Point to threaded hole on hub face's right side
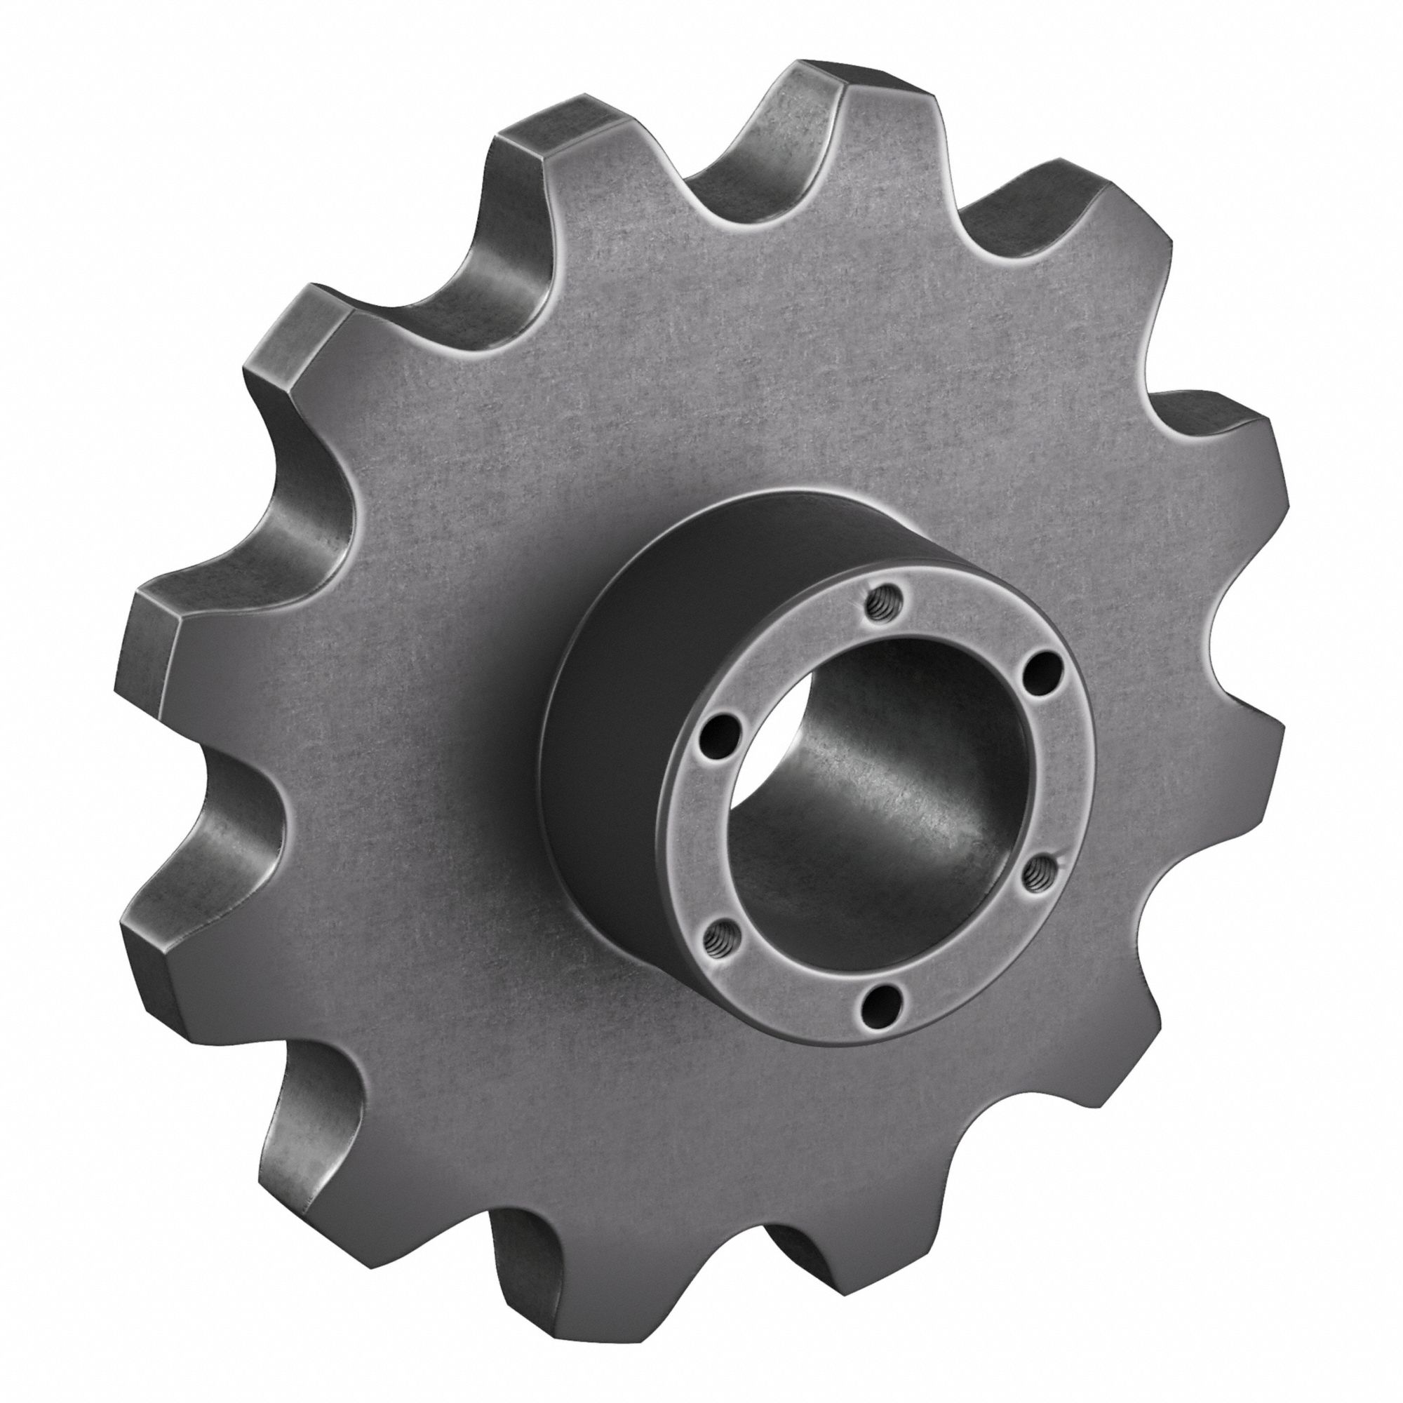pos(1035,870)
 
